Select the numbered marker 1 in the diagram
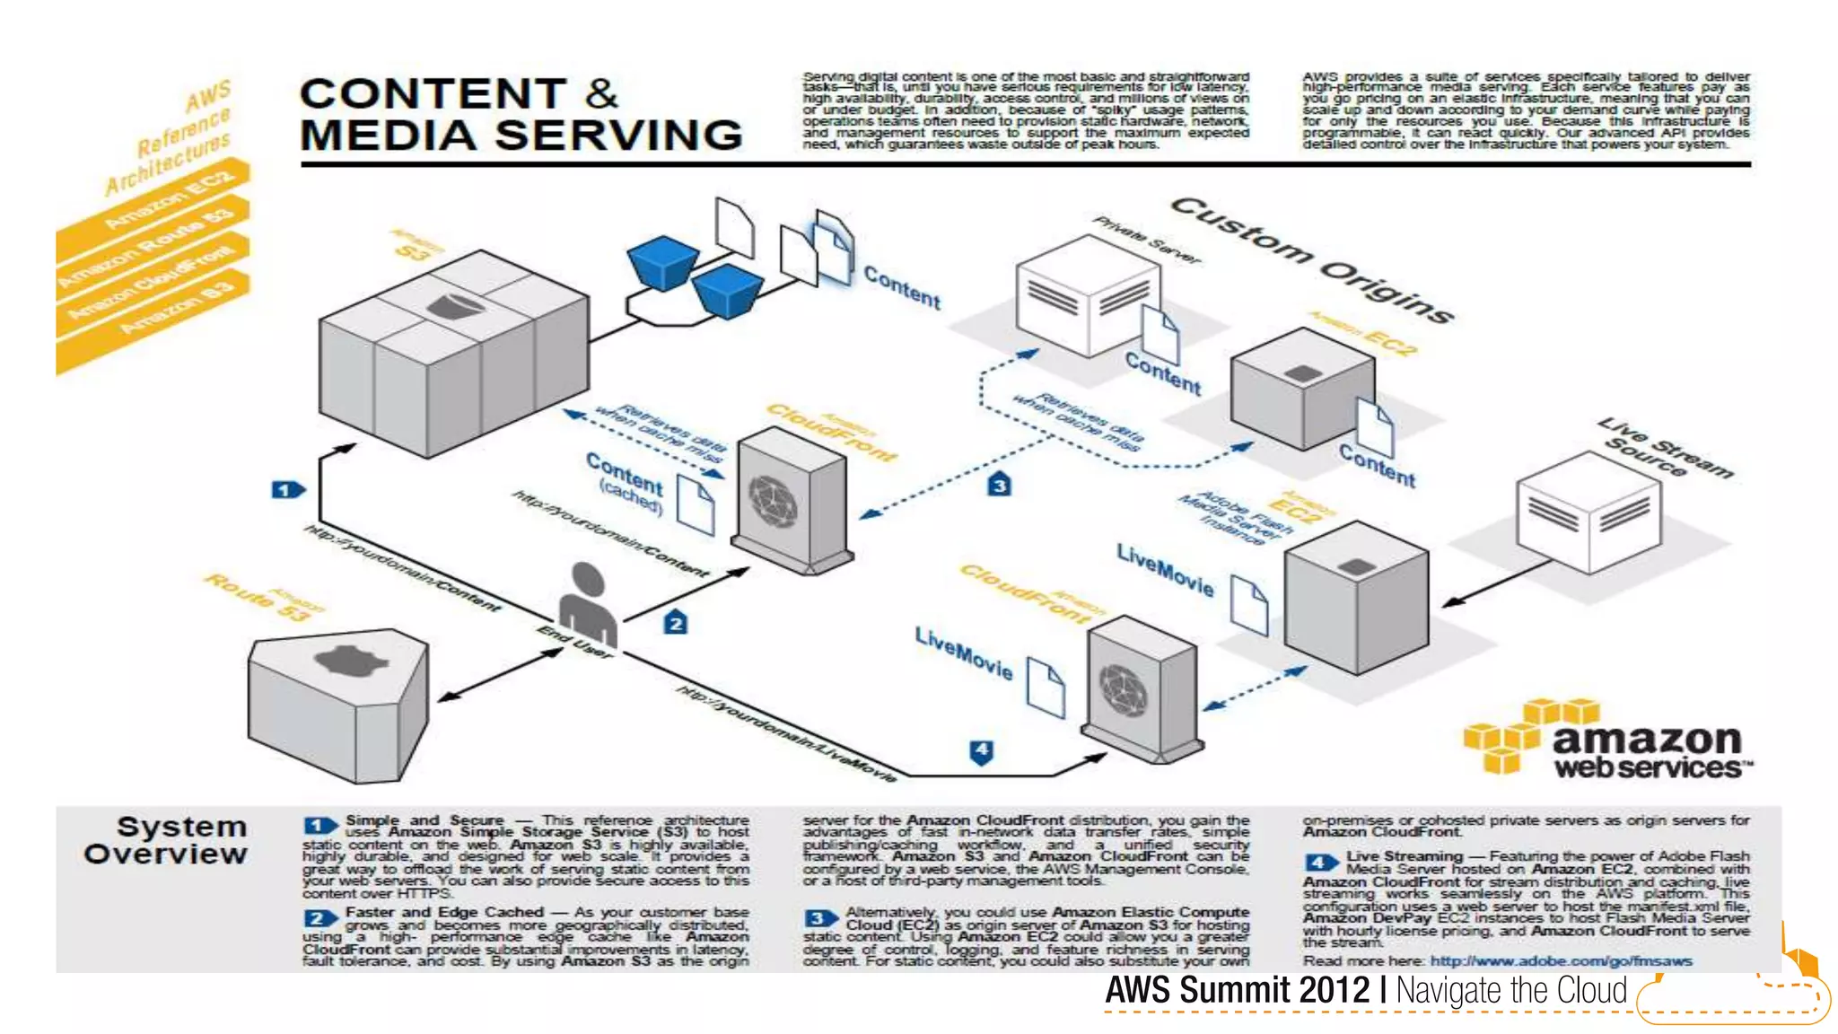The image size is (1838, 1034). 287,490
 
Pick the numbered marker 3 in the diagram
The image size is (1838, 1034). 999,486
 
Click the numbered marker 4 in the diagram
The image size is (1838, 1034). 982,750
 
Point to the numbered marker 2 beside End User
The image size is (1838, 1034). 676,623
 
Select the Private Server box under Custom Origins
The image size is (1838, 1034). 1087,297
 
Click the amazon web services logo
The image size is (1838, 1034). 1606,740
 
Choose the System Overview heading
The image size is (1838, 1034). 166,840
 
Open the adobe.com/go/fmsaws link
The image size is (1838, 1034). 1561,961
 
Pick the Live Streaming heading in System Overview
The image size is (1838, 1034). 1404,856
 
